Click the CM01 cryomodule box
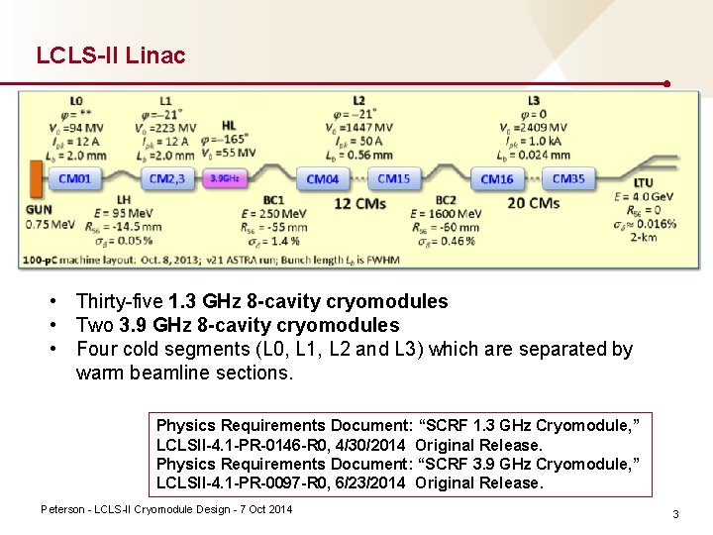point(75,179)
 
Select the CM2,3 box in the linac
point(165,179)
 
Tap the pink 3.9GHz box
point(225,179)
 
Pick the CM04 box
point(323,179)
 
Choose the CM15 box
point(394,179)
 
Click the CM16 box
point(497,179)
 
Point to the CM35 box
point(568,179)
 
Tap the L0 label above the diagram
point(77,101)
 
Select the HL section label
point(229,126)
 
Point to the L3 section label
point(534,101)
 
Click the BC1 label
point(274,201)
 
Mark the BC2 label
point(447,201)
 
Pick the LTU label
point(644,183)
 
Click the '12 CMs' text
point(356,203)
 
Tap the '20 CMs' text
point(532,203)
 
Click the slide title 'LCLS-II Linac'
point(111,55)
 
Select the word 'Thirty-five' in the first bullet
point(120,301)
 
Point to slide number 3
point(675,514)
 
